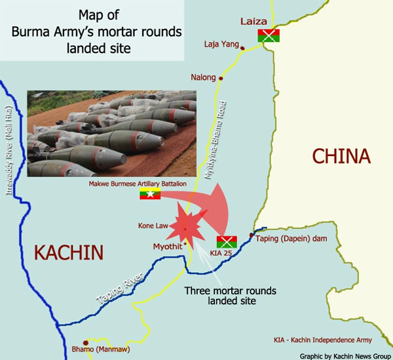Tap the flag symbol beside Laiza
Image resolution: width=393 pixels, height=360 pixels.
pyautogui.click(x=268, y=35)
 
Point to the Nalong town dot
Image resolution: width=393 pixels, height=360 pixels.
pyautogui.click(x=221, y=78)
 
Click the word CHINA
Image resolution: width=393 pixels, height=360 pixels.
pyautogui.click(x=341, y=156)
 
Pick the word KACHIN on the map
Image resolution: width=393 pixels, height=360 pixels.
pyautogui.click(x=69, y=252)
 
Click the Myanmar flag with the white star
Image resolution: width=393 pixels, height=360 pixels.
pyautogui.click(x=150, y=194)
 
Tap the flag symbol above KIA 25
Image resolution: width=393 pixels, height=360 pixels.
pyautogui.click(x=226, y=240)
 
